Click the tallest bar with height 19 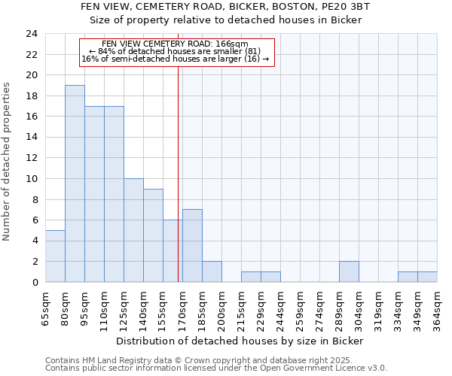(x=75, y=183)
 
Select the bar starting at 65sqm (x=55, y=256)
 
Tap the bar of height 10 (x=133, y=230)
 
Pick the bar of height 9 (x=153, y=235)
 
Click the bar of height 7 (x=192, y=246)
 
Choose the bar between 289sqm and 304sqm (x=349, y=271)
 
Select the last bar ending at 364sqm (x=427, y=277)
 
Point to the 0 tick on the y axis (x=35, y=282)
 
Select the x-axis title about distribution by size (x=241, y=341)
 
